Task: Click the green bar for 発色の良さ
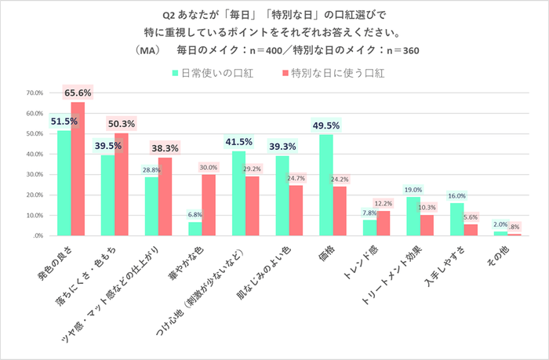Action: tap(64, 183)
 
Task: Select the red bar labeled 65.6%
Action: tap(77, 169)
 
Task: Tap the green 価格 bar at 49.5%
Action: tap(326, 185)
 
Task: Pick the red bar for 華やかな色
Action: tap(209, 205)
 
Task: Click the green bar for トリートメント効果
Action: tap(413, 216)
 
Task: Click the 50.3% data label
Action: tap(121, 123)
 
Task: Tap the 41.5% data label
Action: tap(238, 141)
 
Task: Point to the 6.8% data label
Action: tap(195, 214)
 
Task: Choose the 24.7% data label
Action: tap(296, 179)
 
